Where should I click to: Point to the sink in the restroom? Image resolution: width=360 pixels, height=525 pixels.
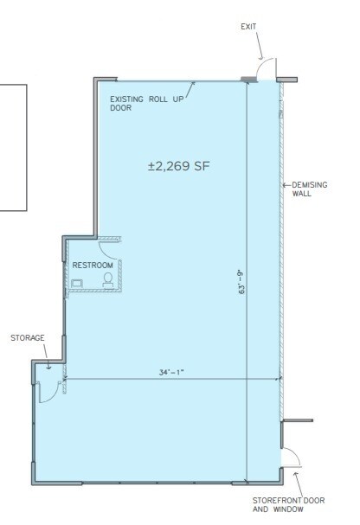pos(77,282)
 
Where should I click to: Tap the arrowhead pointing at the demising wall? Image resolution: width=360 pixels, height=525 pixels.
pos(285,185)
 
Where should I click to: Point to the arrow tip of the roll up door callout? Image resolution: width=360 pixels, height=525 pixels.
pos(196,82)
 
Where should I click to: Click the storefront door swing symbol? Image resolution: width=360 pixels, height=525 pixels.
pos(291,458)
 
